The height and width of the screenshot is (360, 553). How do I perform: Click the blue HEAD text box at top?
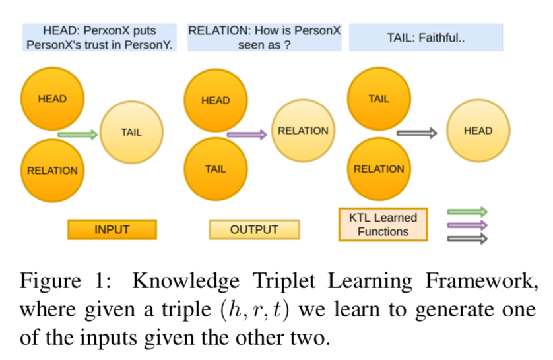[x=100, y=38]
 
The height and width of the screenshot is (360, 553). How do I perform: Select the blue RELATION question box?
[x=264, y=38]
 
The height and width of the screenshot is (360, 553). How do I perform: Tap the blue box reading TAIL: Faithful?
[x=426, y=38]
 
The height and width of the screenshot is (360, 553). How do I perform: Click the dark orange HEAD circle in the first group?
[x=52, y=99]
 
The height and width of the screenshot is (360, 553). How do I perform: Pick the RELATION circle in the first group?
[x=52, y=170]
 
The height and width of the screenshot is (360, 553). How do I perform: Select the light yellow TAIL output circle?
[x=131, y=132]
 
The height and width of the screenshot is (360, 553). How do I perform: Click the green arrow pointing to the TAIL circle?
[x=77, y=135]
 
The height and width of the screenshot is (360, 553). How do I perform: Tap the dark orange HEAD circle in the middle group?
[x=215, y=100]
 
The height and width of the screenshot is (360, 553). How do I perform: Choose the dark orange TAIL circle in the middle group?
[x=215, y=169]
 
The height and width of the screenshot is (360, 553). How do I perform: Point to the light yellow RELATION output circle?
[x=303, y=131]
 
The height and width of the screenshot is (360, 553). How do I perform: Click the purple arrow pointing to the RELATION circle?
[x=246, y=135]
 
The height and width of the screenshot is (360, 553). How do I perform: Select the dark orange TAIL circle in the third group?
[x=378, y=99]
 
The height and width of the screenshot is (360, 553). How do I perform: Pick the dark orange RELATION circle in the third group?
[x=378, y=169]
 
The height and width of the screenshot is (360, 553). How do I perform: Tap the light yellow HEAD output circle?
[x=478, y=131]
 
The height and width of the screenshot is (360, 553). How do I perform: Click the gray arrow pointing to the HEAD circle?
[x=416, y=133]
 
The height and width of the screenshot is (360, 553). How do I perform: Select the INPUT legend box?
[x=112, y=229]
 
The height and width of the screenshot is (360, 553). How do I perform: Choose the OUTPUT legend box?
[x=254, y=229]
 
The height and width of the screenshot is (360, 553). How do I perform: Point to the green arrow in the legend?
[x=467, y=212]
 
